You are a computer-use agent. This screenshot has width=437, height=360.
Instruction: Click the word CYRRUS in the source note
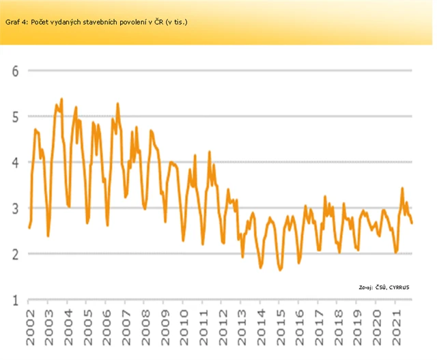click(x=399, y=287)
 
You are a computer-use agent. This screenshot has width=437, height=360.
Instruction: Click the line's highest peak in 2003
click(x=61, y=99)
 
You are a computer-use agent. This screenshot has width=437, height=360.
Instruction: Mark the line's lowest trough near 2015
click(x=280, y=271)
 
